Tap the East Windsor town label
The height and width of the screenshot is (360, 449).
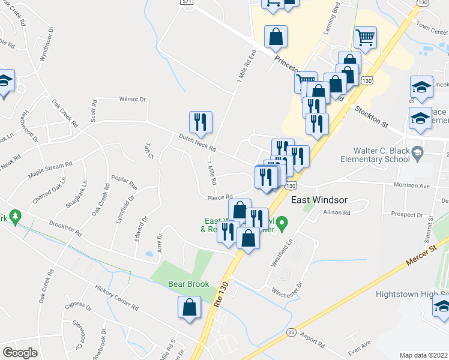(x=319, y=199)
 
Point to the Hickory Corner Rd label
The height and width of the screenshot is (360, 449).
(x=116, y=297)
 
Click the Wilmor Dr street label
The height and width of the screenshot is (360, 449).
(x=133, y=99)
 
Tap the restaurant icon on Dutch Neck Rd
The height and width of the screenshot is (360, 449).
(x=200, y=122)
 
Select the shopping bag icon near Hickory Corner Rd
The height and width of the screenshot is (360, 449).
(x=189, y=307)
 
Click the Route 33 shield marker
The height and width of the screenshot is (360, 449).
(x=291, y=332)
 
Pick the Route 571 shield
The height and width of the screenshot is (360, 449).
(x=187, y=2)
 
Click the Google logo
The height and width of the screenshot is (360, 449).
(x=20, y=353)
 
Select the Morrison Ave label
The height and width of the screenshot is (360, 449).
(x=429, y=186)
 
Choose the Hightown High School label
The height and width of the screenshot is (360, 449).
(x=412, y=294)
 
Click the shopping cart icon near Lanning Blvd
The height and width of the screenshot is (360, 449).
(x=365, y=38)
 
